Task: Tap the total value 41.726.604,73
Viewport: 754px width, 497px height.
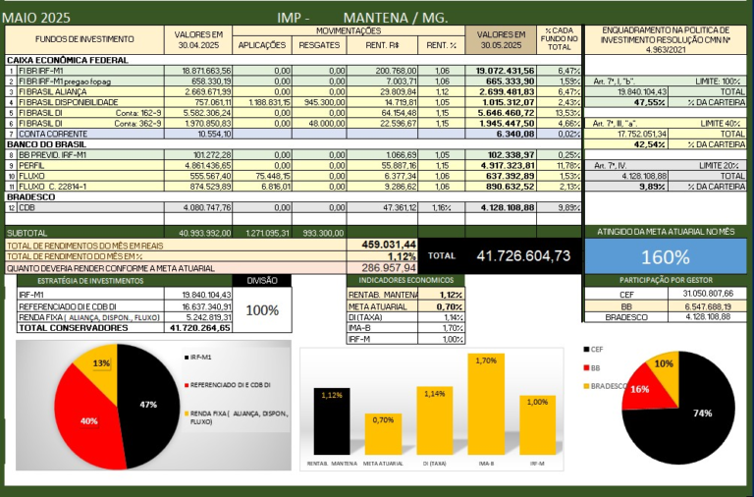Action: coord(522,255)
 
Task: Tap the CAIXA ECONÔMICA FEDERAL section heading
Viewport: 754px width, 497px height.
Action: coord(61,61)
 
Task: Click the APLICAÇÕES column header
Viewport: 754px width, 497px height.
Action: coord(263,44)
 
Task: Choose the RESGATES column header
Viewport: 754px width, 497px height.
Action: coord(318,44)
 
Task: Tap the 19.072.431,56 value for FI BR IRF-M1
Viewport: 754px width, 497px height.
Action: coord(505,71)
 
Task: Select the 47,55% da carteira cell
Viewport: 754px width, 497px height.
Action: coord(649,101)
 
